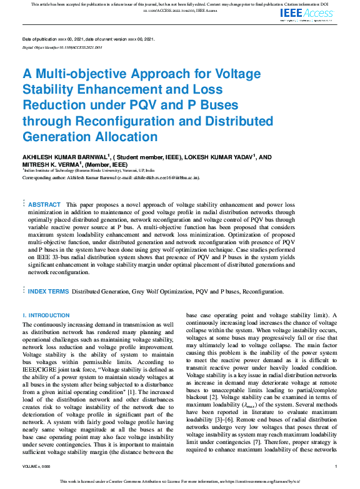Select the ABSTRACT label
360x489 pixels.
44,204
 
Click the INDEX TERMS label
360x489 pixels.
48,291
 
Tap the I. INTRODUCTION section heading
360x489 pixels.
46,315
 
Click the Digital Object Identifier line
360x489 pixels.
62,47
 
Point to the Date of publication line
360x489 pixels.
88,39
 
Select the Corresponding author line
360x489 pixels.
111,177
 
